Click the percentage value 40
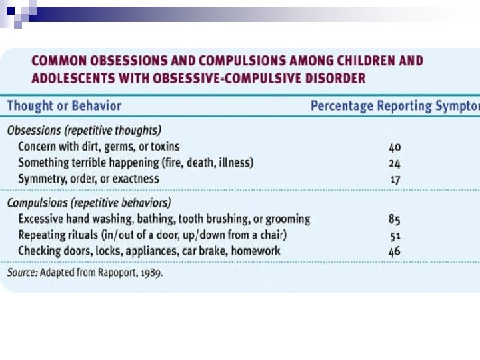(394, 147)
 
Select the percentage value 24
(394, 163)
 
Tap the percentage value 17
(395, 179)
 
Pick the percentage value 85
(394, 219)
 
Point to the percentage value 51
(395, 235)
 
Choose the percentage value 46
(394, 251)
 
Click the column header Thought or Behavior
(64, 106)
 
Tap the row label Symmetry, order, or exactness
(89, 179)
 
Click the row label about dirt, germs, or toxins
(99, 147)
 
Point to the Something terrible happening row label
(135, 163)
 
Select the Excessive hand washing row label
(164, 219)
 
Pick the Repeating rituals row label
(153, 235)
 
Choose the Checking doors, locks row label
(149, 251)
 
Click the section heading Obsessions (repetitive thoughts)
(84, 130)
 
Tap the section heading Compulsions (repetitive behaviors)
(89, 203)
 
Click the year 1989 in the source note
(151, 273)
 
